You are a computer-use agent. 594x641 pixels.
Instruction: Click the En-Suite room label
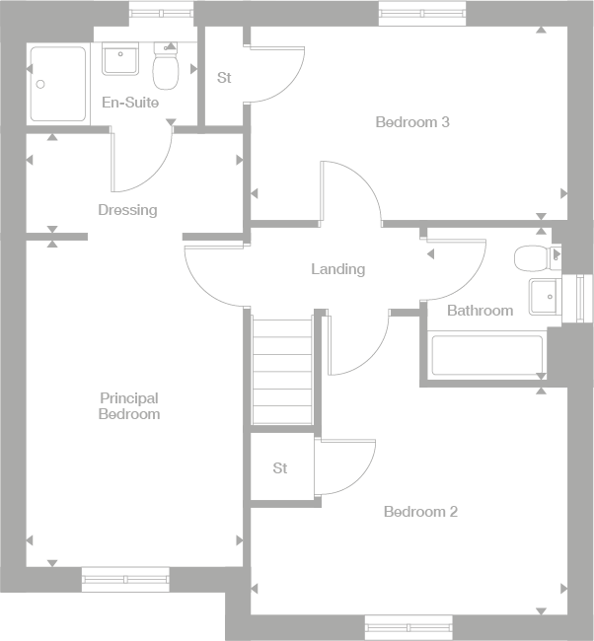click(x=130, y=103)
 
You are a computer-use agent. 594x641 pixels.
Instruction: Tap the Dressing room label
click(x=127, y=210)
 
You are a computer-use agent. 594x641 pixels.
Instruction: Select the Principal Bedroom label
click(x=128, y=406)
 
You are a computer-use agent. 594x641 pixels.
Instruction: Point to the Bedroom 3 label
click(x=412, y=122)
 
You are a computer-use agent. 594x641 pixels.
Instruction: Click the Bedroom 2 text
click(x=420, y=512)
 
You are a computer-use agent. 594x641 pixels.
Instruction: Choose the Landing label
click(x=337, y=269)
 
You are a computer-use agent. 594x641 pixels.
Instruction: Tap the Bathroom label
click(x=480, y=311)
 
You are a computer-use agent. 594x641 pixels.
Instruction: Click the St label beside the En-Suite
click(x=224, y=78)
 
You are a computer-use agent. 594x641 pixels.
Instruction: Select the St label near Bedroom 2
click(x=280, y=468)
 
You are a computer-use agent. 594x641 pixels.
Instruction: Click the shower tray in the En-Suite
click(x=58, y=84)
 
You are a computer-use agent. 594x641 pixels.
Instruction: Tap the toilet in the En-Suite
click(x=165, y=69)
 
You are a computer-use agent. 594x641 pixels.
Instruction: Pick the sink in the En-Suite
click(x=121, y=59)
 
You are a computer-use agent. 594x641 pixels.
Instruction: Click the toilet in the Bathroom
click(x=532, y=259)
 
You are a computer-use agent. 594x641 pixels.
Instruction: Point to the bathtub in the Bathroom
click(x=487, y=356)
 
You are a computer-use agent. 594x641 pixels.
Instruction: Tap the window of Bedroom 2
click(x=408, y=624)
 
